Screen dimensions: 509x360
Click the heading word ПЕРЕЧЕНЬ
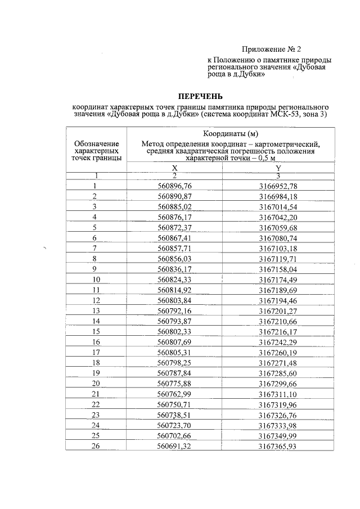pyautogui.click(x=201, y=95)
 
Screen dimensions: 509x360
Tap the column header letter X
pyautogui.click(x=175, y=168)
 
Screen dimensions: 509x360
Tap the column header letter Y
pyautogui.click(x=278, y=168)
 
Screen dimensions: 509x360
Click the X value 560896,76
pyautogui.click(x=175, y=186)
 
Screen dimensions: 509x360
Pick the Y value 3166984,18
pyautogui.click(x=278, y=196)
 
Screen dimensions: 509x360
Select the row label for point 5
pyautogui.click(x=96, y=227)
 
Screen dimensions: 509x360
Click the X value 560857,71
pyautogui.click(x=175, y=248)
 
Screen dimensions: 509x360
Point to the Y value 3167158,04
pyautogui.click(x=278, y=269)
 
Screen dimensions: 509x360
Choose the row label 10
pyautogui.click(x=96, y=280)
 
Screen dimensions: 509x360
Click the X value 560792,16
pyautogui.click(x=175, y=310)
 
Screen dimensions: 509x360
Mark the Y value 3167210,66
pyautogui.click(x=278, y=321)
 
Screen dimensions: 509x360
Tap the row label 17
pyautogui.click(x=96, y=352)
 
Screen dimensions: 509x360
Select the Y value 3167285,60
pyautogui.click(x=278, y=373)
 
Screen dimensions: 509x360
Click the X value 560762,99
pyautogui.click(x=175, y=394)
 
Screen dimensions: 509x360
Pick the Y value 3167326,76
pyautogui.click(x=278, y=415)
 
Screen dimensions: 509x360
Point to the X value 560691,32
pyautogui.click(x=175, y=446)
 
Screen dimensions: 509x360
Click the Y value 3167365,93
pyautogui.click(x=278, y=446)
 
